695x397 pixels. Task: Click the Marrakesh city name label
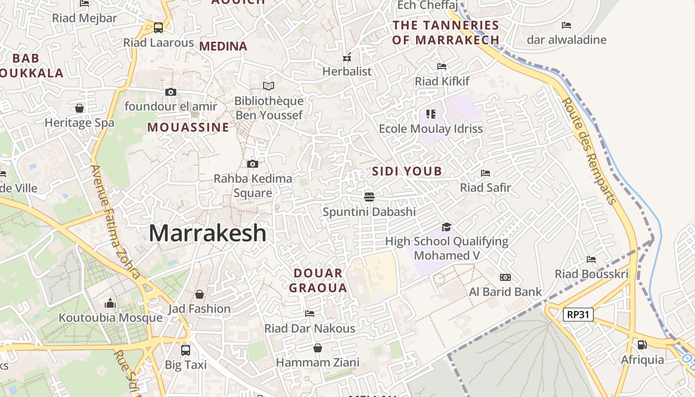pos(208,233)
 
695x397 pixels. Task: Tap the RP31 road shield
pos(578,314)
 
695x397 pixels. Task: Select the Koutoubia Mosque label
pos(111,318)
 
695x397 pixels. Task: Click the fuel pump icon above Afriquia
pos(642,344)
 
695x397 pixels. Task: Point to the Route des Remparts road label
pos(589,150)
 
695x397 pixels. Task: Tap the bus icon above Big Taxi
pos(186,350)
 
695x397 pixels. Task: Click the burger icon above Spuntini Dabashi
pos(369,197)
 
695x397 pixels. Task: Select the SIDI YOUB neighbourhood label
pos(407,172)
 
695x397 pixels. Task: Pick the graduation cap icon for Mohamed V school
pos(446,227)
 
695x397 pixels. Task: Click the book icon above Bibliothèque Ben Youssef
pos(269,86)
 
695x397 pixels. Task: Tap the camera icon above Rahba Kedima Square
pos(253,164)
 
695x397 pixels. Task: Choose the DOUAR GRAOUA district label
pos(318,280)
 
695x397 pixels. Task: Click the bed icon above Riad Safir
pos(486,173)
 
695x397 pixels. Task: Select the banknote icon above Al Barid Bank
pos(505,277)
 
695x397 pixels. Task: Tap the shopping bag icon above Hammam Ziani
pos(317,348)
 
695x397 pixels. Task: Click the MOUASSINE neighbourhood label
pos(188,128)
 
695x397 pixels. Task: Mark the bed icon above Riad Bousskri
pos(591,259)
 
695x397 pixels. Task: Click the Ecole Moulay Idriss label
pos(431,129)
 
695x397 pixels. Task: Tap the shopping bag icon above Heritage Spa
pos(79,108)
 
